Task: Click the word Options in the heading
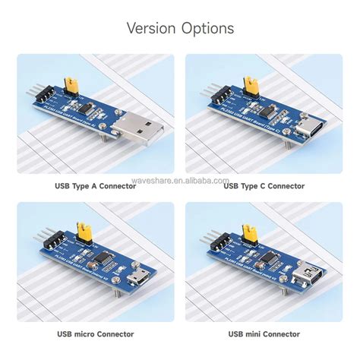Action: pyautogui.click(x=207, y=29)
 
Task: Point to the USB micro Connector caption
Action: pyautogui.click(x=94, y=334)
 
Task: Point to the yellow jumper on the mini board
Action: pyautogui.click(x=245, y=231)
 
